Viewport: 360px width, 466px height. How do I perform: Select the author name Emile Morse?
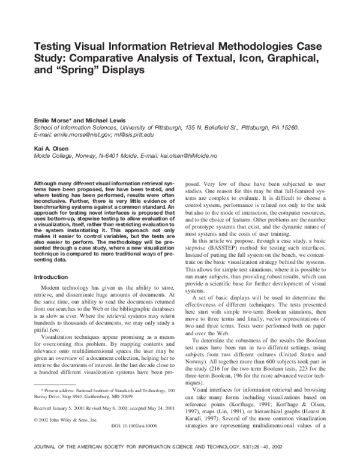(x=50, y=120)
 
